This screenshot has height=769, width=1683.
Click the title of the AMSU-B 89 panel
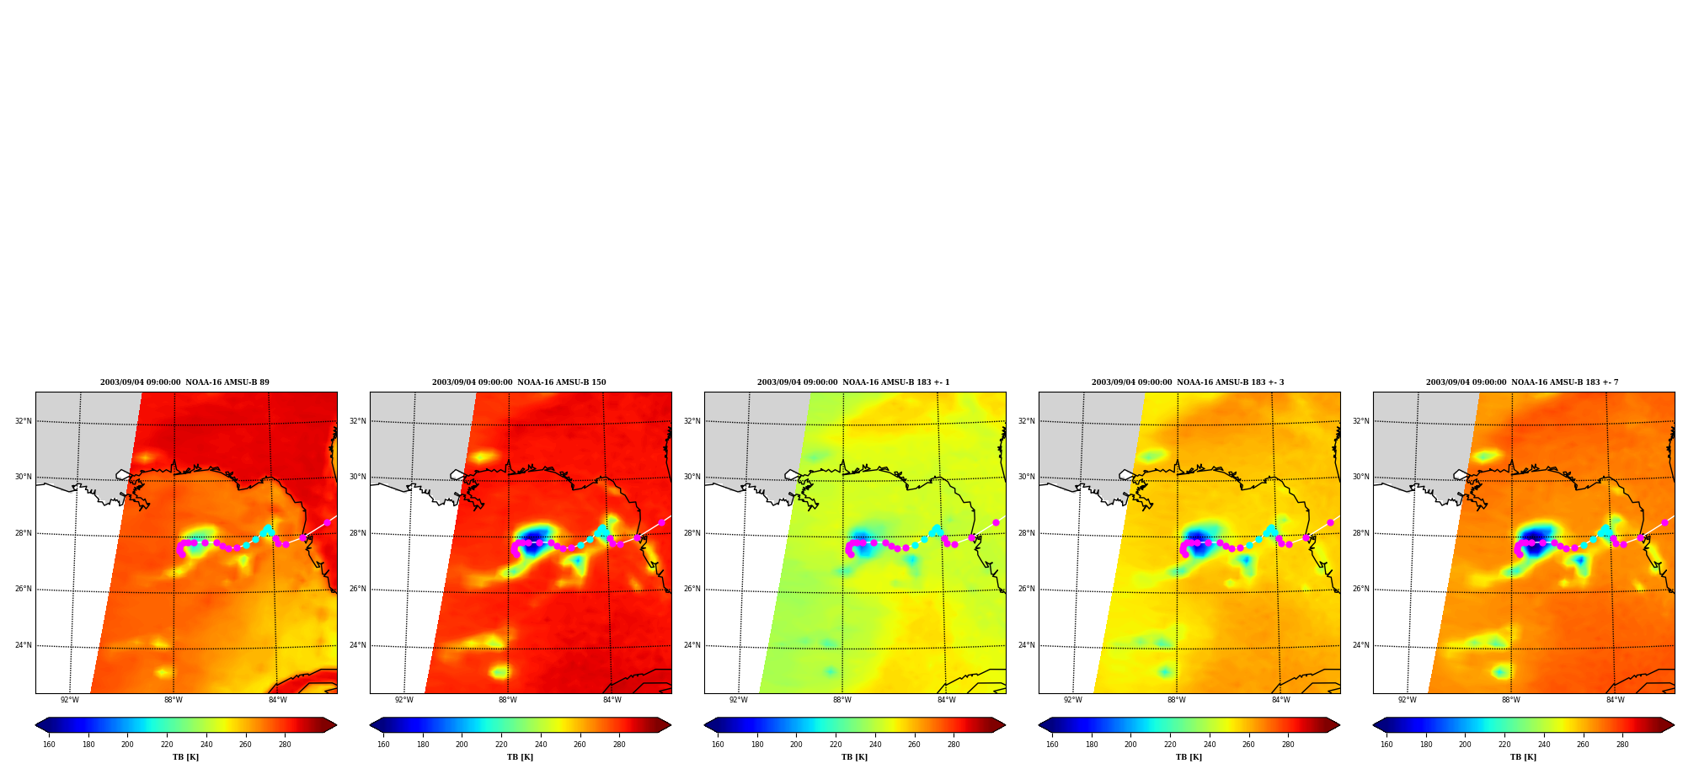tap(185, 382)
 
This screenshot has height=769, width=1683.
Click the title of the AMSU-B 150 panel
tap(519, 382)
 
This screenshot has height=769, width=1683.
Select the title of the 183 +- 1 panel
tap(853, 382)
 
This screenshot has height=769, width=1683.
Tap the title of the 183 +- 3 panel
tap(1188, 382)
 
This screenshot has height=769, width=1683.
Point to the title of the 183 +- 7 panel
tap(1522, 382)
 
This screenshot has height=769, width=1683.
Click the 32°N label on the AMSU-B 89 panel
tap(24, 421)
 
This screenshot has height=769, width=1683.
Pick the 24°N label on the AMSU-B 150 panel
tap(358, 646)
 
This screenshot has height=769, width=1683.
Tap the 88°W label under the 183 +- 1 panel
tap(842, 700)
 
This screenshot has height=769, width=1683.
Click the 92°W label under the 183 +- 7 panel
tap(1408, 700)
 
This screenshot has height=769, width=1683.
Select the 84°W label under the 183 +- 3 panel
tap(1281, 700)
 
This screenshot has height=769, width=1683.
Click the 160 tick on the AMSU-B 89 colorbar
tap(49, 745)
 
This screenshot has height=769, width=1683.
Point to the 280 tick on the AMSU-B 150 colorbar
tap(619, 745)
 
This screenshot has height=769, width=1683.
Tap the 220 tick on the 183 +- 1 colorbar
tap(836, 745)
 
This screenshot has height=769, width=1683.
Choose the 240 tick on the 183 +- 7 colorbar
tap(1544, 745)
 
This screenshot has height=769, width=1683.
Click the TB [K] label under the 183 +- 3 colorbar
tap(1189, 757)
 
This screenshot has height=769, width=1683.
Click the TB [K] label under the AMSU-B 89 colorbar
tap(185, 757)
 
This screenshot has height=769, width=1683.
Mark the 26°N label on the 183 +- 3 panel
tap(1027, 590)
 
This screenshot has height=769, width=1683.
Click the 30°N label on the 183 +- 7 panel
tap(1361, 477)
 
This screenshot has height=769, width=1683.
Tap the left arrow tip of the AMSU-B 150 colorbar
tap(371, 725)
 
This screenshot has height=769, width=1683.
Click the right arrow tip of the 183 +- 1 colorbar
tap(1005, 725)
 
